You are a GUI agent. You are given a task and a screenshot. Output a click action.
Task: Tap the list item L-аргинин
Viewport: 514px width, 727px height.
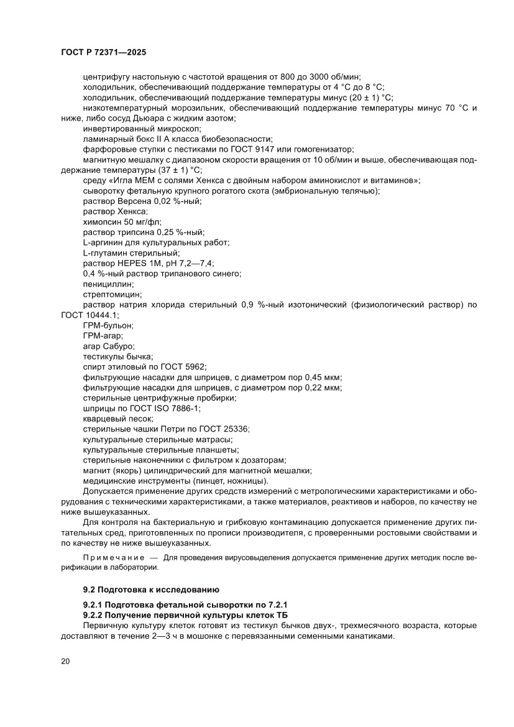(103, 242)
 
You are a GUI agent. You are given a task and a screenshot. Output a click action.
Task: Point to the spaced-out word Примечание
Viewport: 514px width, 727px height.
(112, 558)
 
